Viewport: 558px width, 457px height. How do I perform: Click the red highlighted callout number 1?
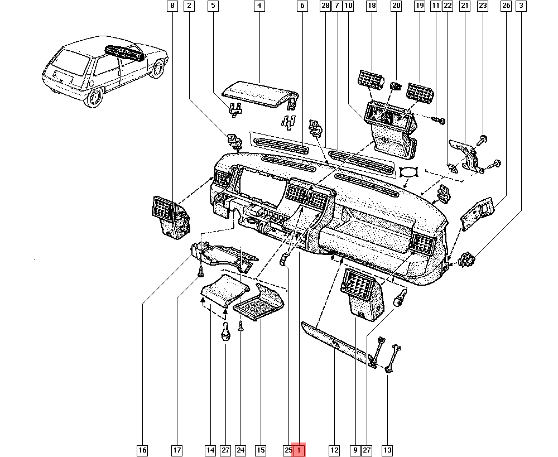tap(299, 450)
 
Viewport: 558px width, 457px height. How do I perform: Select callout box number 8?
tap(172, 6)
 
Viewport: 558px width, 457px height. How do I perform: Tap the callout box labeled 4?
tap(259, 6)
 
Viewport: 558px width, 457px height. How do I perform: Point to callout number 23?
tap(483, 6)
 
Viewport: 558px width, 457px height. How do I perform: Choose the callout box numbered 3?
tap(521, 6)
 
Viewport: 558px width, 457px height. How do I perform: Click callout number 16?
tap(142, 450)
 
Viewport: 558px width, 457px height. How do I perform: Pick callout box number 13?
tap(387, 450)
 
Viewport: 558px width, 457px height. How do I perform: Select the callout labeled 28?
tap(325, 6)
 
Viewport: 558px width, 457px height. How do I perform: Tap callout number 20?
tap(396, 6)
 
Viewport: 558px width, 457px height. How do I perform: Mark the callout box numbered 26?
tap(506, 6)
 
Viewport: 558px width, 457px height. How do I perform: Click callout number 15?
tap(261, 450)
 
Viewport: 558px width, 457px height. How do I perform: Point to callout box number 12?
tap(334, 450)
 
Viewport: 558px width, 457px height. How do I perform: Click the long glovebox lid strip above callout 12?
tap(335, 343)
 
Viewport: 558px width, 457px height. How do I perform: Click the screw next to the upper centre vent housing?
tap(439, 119)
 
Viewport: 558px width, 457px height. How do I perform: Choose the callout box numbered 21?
tap(464, 6)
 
